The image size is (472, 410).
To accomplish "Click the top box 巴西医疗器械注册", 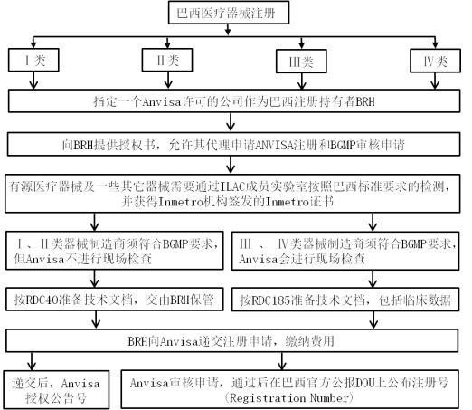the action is pyautogui.click(x=229, y=13).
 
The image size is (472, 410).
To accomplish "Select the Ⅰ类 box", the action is pyautogui.click(x=33, y=60).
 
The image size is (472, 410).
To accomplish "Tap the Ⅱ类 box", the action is pyautogui.click(x=167, y=60).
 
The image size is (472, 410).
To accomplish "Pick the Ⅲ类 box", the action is pyautogui.click(x=301, y=62).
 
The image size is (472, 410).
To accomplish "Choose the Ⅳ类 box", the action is pyautogui.click(x=435, y=62).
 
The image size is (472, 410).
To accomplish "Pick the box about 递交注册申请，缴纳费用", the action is pyautogui.click(x=232, y=341).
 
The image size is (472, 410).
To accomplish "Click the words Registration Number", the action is pyautogui.click(x=288, y=398).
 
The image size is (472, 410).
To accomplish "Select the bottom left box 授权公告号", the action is pyautogui.click(x=56, y=390).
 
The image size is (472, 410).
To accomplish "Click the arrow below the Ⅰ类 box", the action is pyautogui.click(x=33, y=81).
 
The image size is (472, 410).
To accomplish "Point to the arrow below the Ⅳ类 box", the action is pyautogui.click(x=435, y=81).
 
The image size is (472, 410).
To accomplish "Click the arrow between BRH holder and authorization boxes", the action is pyautogui.click(x=231, y=122).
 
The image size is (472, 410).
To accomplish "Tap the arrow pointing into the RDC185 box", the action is pyautogui.click(x=373, y=279).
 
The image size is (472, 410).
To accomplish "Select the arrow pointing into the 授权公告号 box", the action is pyautogui.click(x=32, y=361).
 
